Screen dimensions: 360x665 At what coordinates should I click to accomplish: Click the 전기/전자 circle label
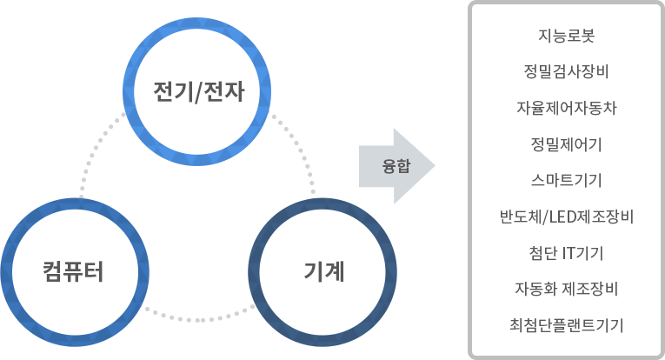[x=197, y=90]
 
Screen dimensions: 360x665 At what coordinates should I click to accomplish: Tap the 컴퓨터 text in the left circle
[x=74, y=271]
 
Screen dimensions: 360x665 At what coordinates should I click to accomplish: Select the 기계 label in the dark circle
[x=324, y=272]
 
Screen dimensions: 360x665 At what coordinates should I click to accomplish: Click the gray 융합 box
[x=396, y=165]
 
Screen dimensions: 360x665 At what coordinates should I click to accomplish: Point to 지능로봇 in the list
[x=566, y=37]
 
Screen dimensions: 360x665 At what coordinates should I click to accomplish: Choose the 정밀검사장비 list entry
[x=566, y=72]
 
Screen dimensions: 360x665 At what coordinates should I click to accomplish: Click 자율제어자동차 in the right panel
[x=566, y=109]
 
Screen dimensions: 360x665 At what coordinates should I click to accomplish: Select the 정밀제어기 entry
[x=566, y=144]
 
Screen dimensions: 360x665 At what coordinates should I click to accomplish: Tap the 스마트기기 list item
[x=566, y=181]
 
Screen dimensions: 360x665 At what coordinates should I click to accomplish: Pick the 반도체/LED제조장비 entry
[x=566, y=217]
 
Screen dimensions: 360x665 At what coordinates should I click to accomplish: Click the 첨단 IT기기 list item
[x=566, y=253]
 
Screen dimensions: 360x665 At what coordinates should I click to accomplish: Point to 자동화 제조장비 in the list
[x=566, y=289]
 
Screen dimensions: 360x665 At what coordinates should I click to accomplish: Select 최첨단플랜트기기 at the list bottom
[x=566, y=325]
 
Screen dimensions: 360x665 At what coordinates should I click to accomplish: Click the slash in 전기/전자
[x=198, y=90]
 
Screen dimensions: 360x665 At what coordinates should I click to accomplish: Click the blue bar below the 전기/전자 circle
[x=197, y=162]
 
